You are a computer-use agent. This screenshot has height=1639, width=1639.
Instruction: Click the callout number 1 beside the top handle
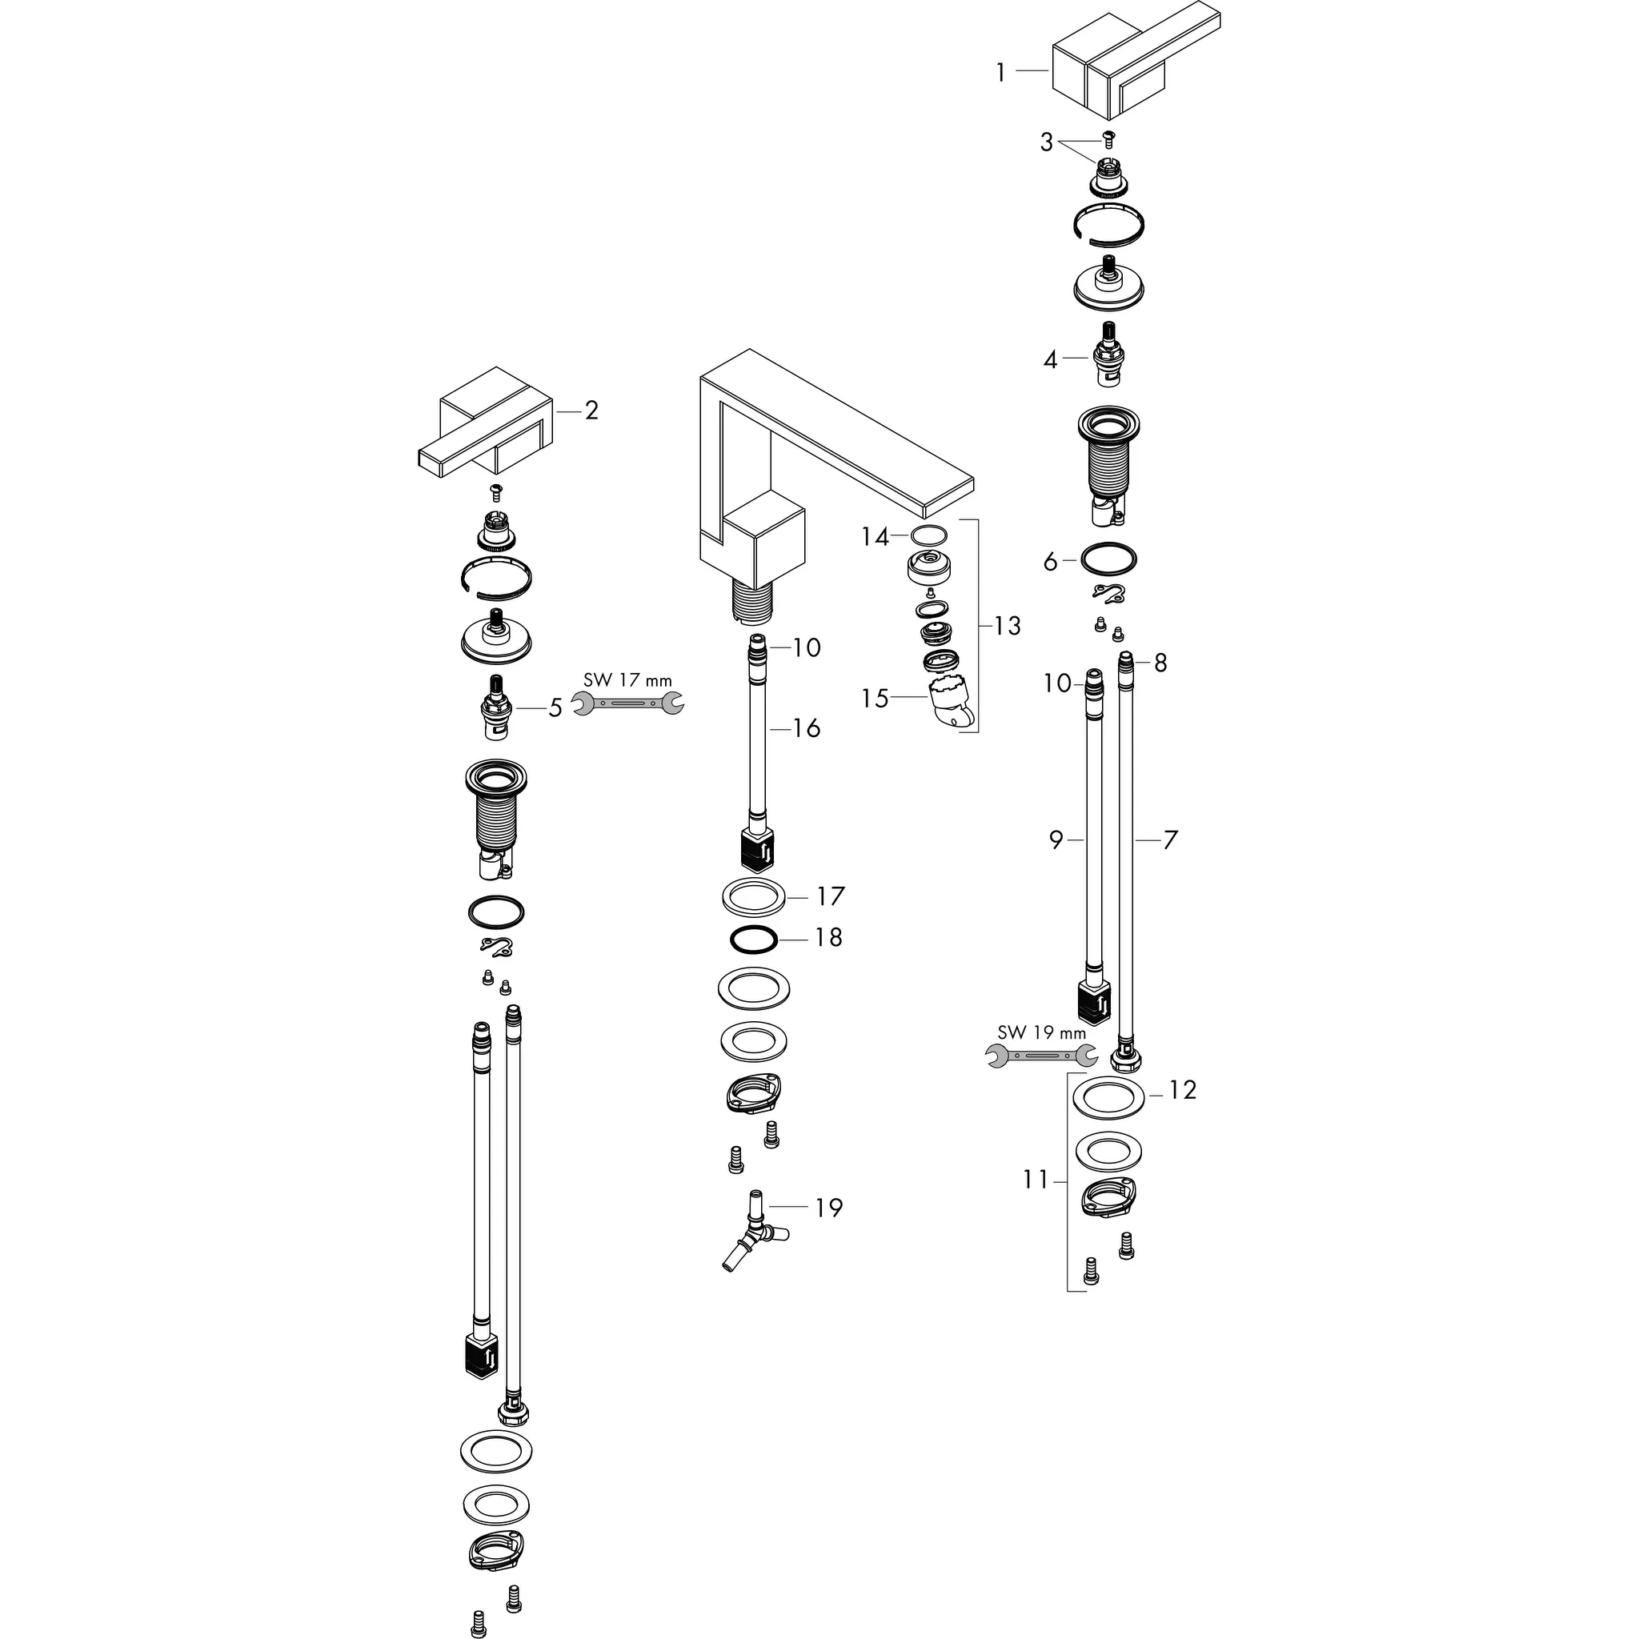click(1001, 73)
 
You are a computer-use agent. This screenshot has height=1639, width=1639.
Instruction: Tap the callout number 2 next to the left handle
click(591, 411)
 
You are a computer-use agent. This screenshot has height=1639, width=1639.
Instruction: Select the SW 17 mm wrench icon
click(627, 703)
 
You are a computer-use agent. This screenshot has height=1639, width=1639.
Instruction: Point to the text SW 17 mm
click(627, 680)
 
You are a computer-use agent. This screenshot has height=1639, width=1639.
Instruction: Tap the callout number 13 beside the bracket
click(1007, 626)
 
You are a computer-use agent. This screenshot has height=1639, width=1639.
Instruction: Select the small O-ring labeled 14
click(928, 535)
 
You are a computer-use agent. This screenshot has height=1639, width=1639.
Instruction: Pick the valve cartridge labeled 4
click(1108, 355)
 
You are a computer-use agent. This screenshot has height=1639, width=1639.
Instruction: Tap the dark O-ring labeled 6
click(1108, 560)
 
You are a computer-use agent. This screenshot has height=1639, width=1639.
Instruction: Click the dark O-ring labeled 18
click(753, 939)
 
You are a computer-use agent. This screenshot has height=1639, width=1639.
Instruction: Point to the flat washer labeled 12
click(1108, 1096)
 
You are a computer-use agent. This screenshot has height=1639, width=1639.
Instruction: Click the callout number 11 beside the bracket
click(1035, 1180)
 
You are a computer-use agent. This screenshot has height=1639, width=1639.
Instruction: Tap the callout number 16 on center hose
click(806, 728)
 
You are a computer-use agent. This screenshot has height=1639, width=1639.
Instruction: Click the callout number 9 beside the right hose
click(1056, 840)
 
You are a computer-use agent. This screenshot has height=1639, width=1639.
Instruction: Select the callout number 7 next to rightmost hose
click(1170, 840)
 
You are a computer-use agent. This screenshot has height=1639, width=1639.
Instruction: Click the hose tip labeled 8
click(1126, 663)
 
